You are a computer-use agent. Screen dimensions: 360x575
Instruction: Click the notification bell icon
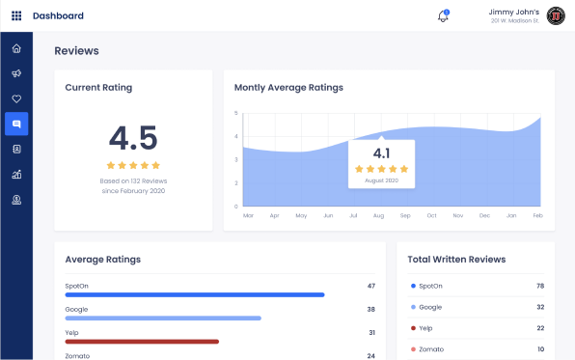(443, 16)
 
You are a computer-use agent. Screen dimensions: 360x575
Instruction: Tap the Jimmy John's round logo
(556, 15)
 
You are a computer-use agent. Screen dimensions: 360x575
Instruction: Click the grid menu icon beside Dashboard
(16, 15)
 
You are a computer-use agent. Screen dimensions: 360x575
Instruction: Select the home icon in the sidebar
(16, 48)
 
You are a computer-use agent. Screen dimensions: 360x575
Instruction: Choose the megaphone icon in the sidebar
(16, 73)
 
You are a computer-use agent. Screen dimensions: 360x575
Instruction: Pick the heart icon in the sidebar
(16, 98)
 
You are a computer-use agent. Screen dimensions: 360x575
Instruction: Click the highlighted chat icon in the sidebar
(16, 124)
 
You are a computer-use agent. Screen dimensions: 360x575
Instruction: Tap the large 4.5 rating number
(133, 138)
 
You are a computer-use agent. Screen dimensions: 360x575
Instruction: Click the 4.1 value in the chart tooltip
(381, 152)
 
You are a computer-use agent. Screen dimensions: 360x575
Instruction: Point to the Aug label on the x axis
(379, 215)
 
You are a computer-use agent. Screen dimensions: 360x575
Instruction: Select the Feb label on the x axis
(537, 215)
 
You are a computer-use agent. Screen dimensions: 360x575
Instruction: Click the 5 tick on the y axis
(236, 113)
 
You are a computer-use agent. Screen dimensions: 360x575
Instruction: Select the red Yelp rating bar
(142, 341)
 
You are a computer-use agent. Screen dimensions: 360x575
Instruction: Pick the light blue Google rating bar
(163, 318)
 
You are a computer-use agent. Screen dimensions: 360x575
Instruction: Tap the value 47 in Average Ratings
(370, 286)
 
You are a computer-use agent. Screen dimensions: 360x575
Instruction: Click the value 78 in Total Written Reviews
(539, 286)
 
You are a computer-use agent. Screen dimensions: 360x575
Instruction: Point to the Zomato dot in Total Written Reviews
(413, 348)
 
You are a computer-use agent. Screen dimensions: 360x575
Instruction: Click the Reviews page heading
(76, 51)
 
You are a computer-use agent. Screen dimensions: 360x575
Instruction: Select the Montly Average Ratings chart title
(288, 88)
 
